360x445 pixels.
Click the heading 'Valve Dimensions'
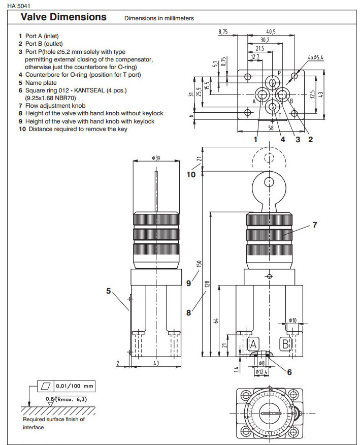point(63,17)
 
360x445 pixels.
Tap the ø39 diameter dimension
point(156,158)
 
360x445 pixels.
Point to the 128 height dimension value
point(207,284)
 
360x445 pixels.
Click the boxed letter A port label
point(254,344)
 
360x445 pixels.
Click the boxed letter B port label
point(286,344)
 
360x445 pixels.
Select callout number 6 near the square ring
point(289,372)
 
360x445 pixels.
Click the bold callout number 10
point(190,174)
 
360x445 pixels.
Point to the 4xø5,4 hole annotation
point(315,59)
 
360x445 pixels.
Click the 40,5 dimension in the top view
point(271,31)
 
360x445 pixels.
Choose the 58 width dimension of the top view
point(271,128)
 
